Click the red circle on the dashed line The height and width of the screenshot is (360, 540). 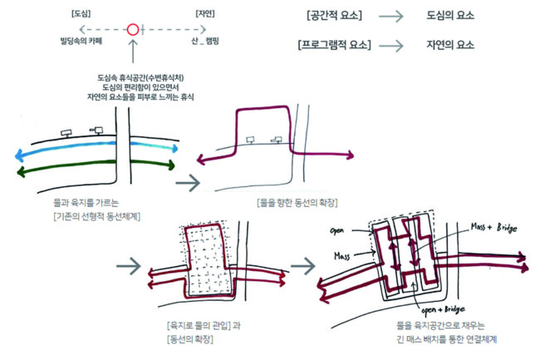click(132, 30)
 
